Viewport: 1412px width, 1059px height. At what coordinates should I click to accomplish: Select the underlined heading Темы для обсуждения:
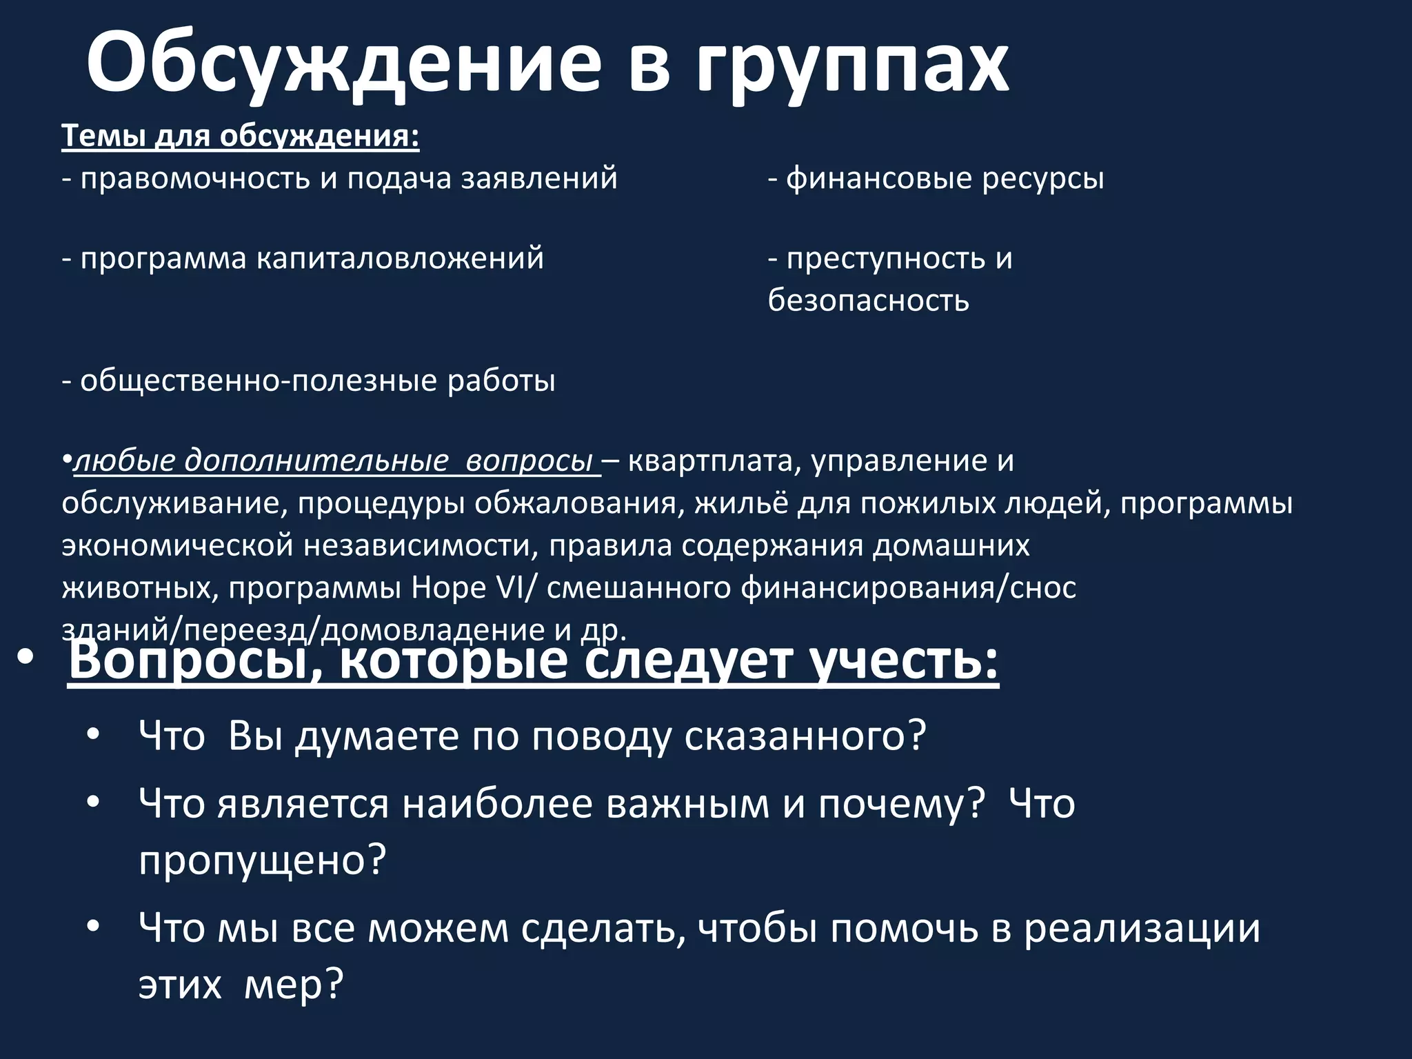point(241,136)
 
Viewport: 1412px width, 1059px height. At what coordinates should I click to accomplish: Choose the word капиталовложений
point(400,259)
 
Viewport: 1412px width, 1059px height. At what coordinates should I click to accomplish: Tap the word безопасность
point(868,301)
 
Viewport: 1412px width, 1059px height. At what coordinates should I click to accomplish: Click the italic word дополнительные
point(316,461)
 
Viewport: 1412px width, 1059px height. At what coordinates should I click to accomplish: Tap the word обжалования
point(575,503)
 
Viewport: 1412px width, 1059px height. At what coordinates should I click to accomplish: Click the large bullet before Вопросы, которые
point(26,659)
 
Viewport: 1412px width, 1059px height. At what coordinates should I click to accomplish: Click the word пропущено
point(261,860)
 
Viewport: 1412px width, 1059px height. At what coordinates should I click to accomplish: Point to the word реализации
point(1141,928)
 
